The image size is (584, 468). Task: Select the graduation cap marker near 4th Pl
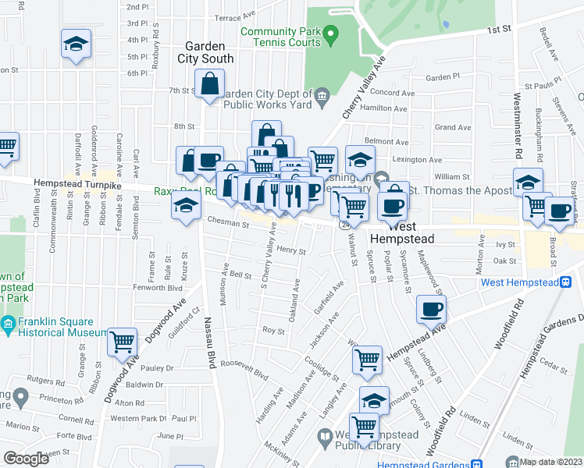(x=76, y=45)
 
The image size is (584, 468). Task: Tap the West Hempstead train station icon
(x=564, y=282)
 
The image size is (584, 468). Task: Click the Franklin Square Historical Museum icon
(x=7, y=324)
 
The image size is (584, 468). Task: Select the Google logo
(x=26, y=459)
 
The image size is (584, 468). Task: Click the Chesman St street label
(x=228, y=225)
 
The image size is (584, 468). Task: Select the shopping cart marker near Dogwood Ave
(x=122, y=341)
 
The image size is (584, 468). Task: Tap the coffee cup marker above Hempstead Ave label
(x=431, y=309)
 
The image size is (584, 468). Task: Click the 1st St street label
(x=498, y=30)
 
